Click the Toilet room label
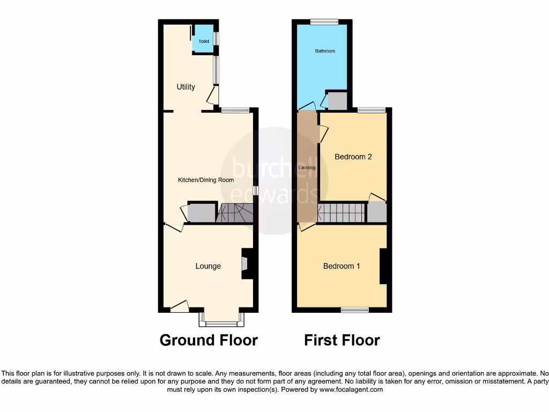click(204, 41)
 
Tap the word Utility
click(186, 87)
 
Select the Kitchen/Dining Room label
click(206, 180)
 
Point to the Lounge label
click(208, 266)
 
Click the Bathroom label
click(325, 51)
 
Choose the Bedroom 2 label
click(353, 157)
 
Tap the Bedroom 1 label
click(342, 266)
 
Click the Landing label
click(307, 168)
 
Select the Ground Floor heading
click(209, 340)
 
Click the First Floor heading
click(342, 340)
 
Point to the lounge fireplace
click(247, 264)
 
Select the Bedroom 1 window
click(355, 310)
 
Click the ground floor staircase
click(234, 213)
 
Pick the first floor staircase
click(341, 213)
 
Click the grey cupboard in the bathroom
click(337, 101)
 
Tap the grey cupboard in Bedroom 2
click(377, 212)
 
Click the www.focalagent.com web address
click(351, 389)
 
